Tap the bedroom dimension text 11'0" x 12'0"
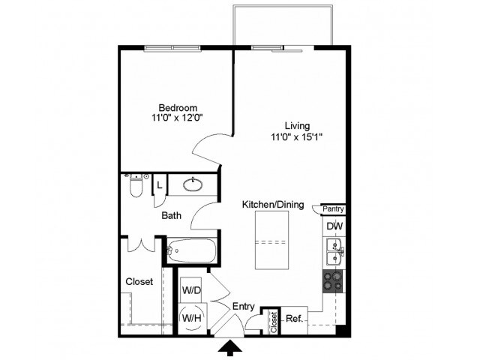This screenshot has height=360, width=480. (178, 118)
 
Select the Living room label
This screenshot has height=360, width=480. (297, 125)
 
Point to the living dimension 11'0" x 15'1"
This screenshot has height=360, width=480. (297, 136)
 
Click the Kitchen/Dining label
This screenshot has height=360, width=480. (272, 204)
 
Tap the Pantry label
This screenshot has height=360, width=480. (333, 210)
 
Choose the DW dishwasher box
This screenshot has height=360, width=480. (334, 226)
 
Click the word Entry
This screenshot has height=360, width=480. (244, 306)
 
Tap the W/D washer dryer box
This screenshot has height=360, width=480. (190, 289)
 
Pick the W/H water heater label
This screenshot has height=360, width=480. (190, 317)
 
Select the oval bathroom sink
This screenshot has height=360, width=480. (193, 184)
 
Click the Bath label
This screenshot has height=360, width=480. (172, 216)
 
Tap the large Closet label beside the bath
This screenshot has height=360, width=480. (139, 281)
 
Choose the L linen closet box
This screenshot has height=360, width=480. (159, 185)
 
